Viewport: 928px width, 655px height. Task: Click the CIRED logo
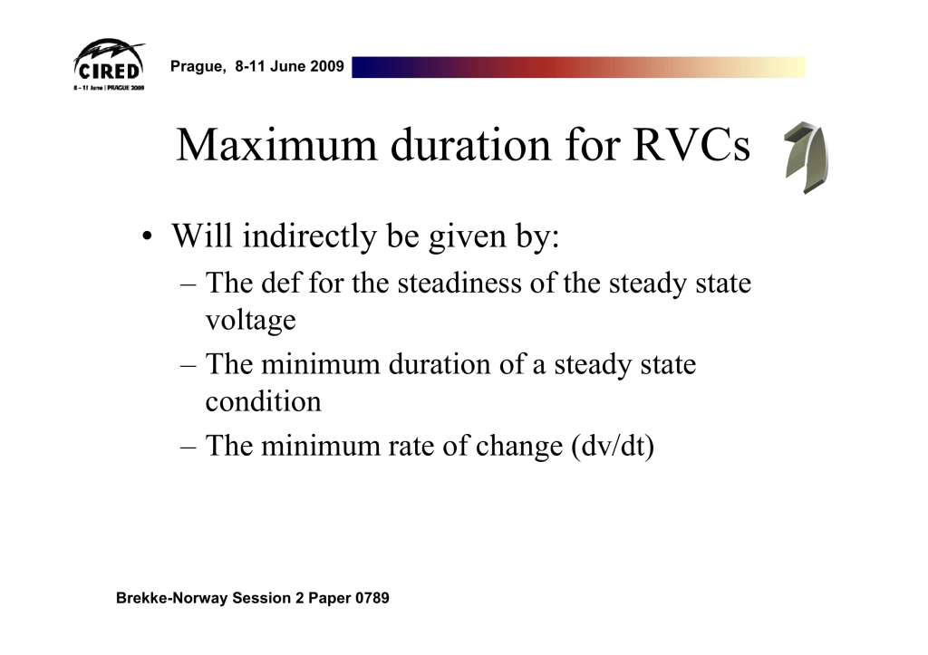[110, 65]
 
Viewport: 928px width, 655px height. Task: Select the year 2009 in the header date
[326, 65]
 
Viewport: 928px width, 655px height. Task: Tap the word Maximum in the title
[276, 145]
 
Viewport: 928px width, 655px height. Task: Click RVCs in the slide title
[691, 145]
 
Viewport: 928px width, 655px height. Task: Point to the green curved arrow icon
[806, 158]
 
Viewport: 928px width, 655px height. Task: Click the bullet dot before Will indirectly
[147, 236]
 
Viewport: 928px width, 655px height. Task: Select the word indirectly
[310, 236]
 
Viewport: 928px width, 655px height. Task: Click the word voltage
[250, 321]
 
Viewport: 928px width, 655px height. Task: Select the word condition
[264, 401]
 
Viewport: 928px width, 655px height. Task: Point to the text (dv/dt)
[613, 446]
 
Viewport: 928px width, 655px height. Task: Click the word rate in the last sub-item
[411, 446]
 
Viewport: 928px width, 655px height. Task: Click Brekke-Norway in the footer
[171, 598]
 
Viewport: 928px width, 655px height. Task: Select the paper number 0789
[372, 598]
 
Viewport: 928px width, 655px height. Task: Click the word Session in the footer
[261, 598]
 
